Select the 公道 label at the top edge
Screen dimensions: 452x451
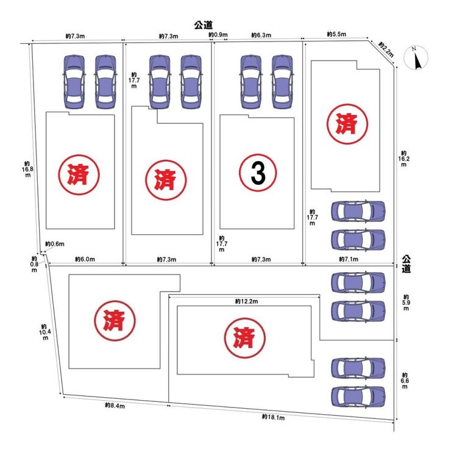pyautogui.click(x=203, y=25)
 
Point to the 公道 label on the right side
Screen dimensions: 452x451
pyautogui.click(x=406, y=264)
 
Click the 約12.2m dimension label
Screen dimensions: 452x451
pyautogui.click(x=246, y=301)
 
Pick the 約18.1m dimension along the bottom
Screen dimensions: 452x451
pyautogui.click(x=274, y=417)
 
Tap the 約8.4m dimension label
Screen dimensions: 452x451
pyautogui.click(x=115, y=405)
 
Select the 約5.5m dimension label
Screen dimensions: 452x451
pyautogui.click(x=336, y=35)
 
